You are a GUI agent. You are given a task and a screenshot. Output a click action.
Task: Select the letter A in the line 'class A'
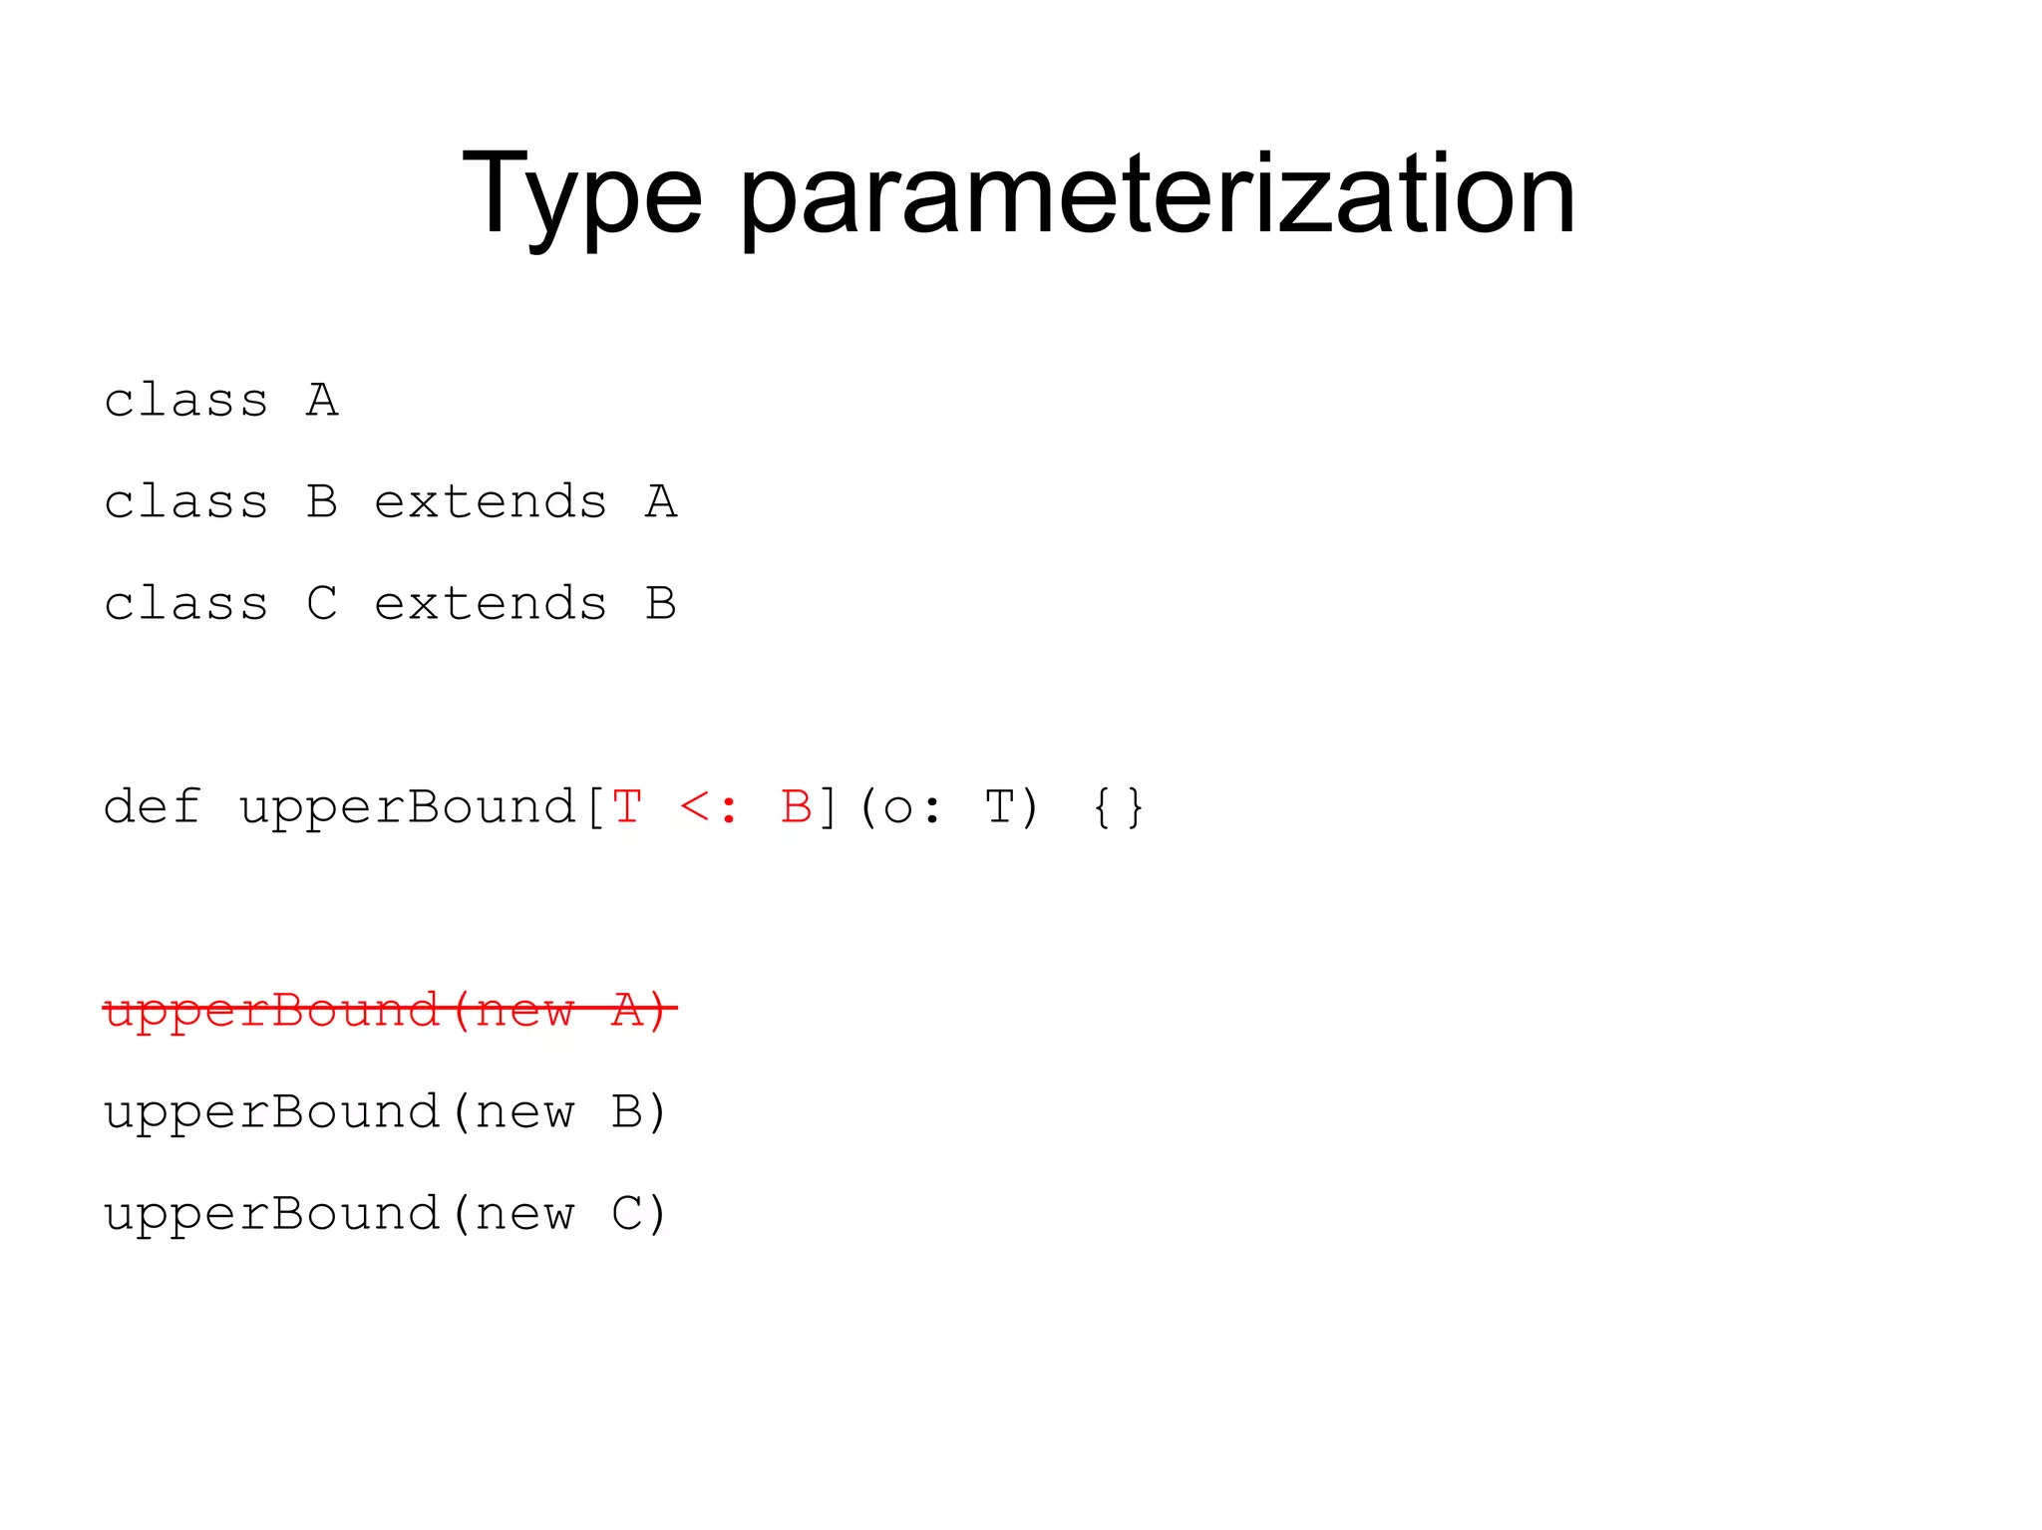pyautogui.click(x=322, y=401)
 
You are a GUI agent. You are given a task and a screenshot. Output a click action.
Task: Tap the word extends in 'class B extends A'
pyautogui.click(x=491, y=502)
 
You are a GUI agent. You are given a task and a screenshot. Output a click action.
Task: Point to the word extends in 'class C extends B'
pyautogui.click(x=491, y=604)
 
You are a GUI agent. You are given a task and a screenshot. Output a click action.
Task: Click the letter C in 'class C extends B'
pyautogui.click(x=322, y=604)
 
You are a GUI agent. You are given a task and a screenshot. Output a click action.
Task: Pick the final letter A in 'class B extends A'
pyautogui.click(x=661, y=502)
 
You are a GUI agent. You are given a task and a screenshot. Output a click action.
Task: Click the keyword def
pyautogui.click(x=153, y=806)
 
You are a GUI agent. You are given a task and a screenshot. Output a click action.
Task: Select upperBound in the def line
pyautogui.click(x=407, y=808)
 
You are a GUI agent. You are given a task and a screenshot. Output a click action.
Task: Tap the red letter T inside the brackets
pyautogui.click(x=626, y=806)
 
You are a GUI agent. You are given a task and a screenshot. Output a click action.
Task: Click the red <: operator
pyautogui.click(x=709, y=807)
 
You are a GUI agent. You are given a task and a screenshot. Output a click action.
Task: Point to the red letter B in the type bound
pyautogui.click(x=796, y=806)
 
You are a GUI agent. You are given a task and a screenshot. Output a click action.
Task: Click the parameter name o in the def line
pyautogui.click(x=897, y=808)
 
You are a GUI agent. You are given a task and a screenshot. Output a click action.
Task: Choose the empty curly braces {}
pyautogui.click(x=1118, y=807)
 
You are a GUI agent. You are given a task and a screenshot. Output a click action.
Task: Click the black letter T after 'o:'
pyautogui.click(x=999, y=806)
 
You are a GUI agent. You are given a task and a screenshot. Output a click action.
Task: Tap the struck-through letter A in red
pyautogui.click(x=628, y=1010)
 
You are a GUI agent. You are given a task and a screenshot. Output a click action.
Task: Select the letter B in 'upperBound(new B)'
pyautogui.click(x=628, y=1112)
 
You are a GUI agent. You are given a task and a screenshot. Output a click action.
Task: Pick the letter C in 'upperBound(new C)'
pyautogui.click(x=628, y=1214)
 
